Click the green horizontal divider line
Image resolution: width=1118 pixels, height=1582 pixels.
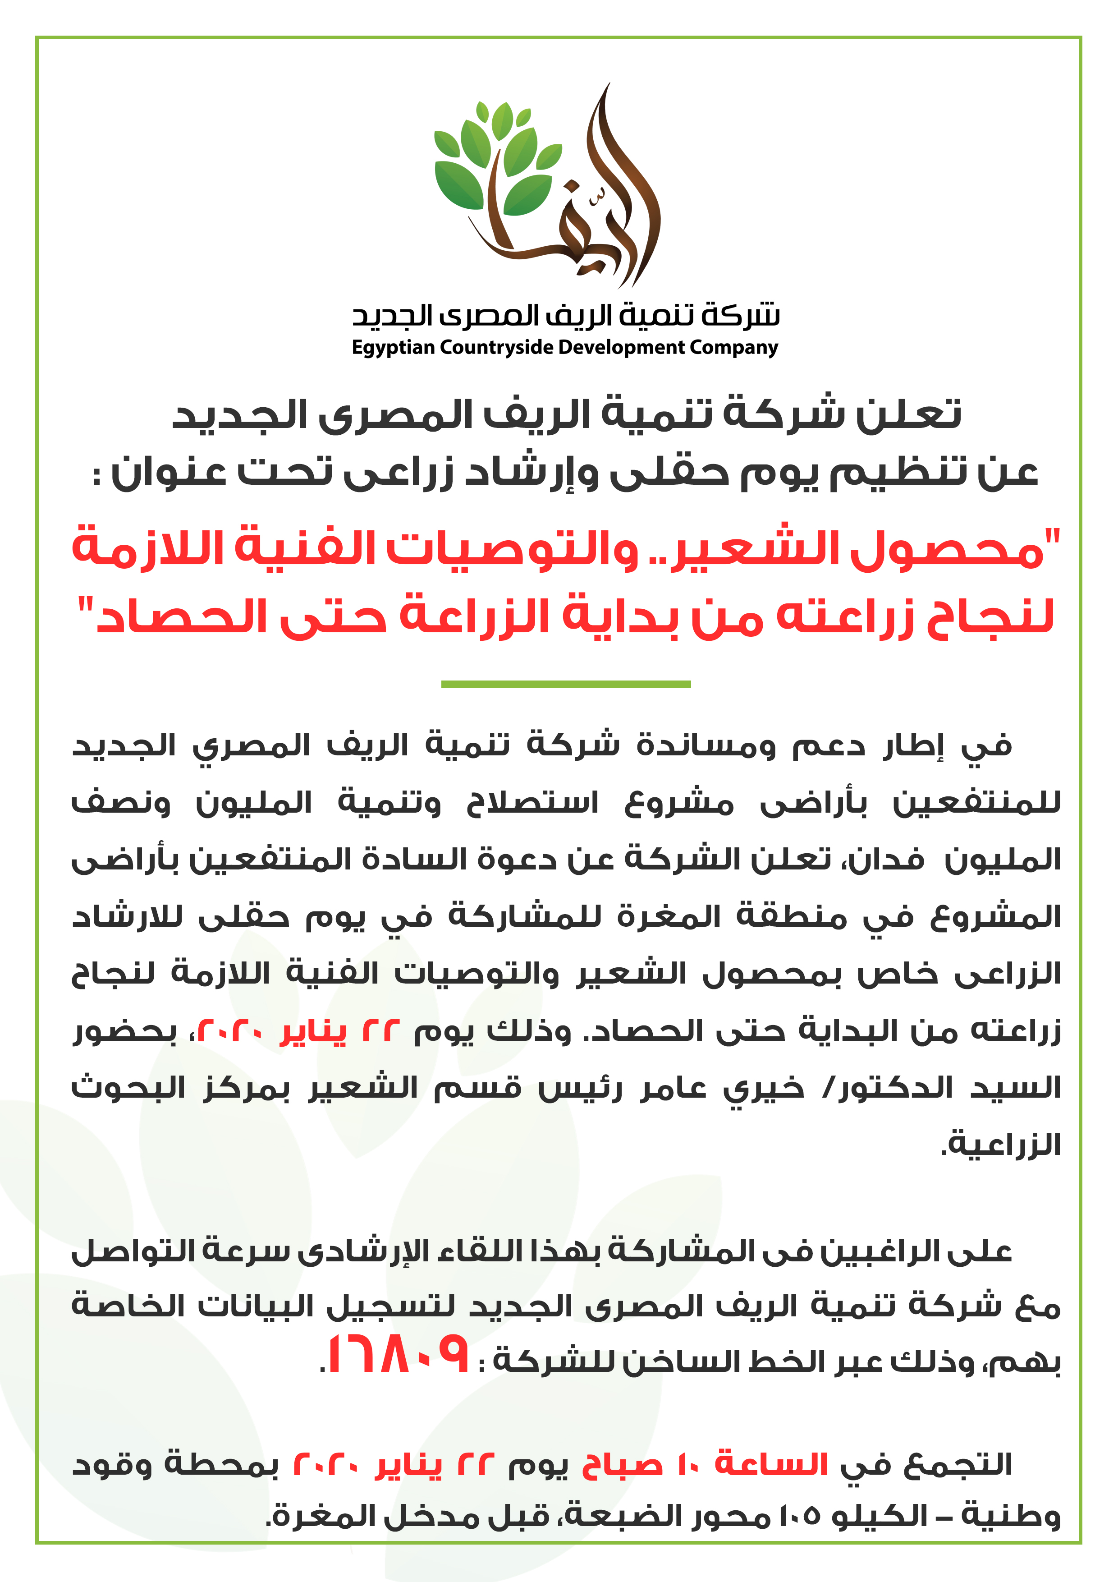pyautogui.click(x=566, y=684)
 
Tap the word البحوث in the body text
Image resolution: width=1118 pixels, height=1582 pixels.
pyautogui.click(x=128, y=1088)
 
